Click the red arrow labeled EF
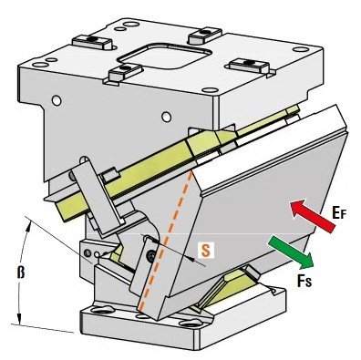[x=313, y=216]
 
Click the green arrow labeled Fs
[x=292, y=253]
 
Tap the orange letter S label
[x=206, y=251]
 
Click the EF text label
[x=339, y=212]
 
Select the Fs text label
[x=304, y=282]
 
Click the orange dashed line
[x=166, y=241]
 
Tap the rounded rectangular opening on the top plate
[x=165, y=57]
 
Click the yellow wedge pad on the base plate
[x=232, y=284]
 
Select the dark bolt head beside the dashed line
[x=151, y=255]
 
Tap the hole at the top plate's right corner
[x=301, y=49]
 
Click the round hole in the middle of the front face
[x=166, y=117]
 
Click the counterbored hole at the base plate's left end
[x=102, y=311]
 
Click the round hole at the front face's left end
[x=57, y=100]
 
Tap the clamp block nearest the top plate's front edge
[x=125, y=73]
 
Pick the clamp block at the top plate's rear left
[x=92, y=42]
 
